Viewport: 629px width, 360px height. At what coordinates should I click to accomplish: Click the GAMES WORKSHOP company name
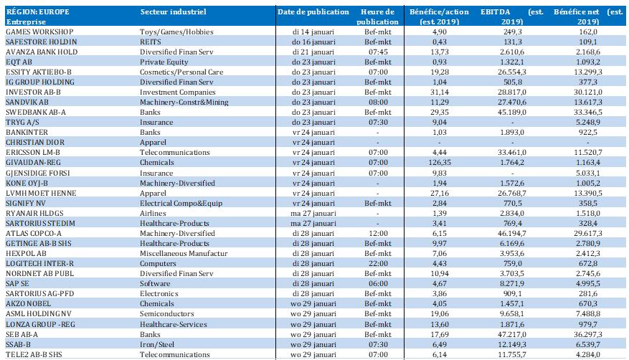pyautogui.click(x=39, y=32)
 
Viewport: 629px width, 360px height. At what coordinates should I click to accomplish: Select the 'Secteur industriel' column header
pyautogui.click(x=174, y=11)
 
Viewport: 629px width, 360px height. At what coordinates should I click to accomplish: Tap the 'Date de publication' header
pyautogui.click(x=313, y=11)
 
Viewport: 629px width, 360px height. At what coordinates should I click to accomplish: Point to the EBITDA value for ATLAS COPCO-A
pyautogui.click(x=512, y=233)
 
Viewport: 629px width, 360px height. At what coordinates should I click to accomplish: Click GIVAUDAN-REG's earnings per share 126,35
pyautogui.click(x=439, y=162)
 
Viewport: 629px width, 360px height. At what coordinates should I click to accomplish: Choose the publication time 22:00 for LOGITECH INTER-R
pyautogui.click(x=378, y=263)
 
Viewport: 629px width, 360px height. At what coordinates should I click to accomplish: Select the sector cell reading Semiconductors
pyautogui.click(x=167, y=313)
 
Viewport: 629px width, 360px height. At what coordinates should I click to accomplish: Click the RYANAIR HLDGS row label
pyautogui.click(x=34, y=213)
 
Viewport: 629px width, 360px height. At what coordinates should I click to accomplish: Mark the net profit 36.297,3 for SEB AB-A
pyautogui.click(x=588, y=334)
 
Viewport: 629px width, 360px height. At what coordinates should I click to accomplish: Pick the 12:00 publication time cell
pyautogui.click(x=378, y=233)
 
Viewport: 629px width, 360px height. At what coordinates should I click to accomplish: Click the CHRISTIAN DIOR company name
pyautogui.click(x=35, y=142)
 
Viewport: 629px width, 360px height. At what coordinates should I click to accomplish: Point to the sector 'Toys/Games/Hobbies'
pyautogui.click(x=176, y=32)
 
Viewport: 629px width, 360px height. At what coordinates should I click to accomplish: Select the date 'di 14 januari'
pyautogui.click(x=313, y=32)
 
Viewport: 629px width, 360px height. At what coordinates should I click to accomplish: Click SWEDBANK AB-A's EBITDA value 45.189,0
pyautogui.click(x=512, y=113)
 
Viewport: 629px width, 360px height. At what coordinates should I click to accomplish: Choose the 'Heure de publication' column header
pyautogui.click(x=377, y=16)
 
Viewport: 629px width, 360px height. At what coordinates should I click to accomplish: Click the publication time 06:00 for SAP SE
pyautogui.click(x=378, y=283)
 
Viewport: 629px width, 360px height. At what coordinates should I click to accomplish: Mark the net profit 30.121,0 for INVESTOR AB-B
pyautogui.click(x=588, y=92)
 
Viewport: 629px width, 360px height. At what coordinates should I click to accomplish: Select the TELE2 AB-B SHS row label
pyautogui.click(x=34, y=354)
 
